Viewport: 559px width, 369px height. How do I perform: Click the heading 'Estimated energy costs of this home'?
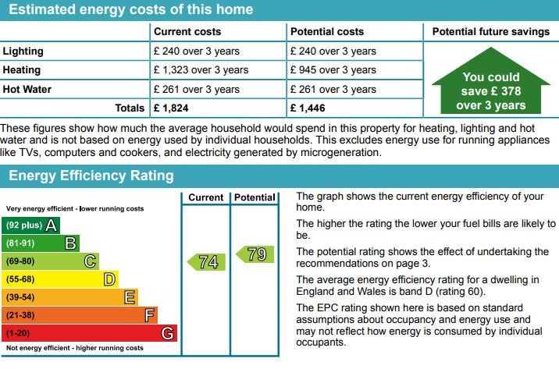130,10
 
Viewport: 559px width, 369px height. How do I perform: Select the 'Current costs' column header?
187,32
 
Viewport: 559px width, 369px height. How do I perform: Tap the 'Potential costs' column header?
326,32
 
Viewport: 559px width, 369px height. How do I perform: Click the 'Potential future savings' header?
490,32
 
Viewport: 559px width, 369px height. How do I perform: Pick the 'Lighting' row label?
23,51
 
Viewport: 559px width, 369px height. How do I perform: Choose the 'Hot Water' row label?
27,89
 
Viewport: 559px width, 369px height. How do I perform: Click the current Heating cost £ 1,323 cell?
201,70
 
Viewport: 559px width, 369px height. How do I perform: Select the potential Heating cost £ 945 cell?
333,70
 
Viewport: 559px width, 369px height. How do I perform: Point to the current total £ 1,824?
172,108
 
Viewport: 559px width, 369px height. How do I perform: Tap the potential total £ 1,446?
308,108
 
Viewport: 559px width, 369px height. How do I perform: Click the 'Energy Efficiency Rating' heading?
91,176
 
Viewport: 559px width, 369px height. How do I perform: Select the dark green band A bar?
31,225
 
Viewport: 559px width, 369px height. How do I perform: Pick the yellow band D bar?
61,279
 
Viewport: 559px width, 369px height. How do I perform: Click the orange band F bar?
80,315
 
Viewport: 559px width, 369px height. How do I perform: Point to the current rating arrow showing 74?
206,262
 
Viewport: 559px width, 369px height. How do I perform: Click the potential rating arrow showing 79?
255,254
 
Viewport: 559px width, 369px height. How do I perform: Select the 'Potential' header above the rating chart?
255,197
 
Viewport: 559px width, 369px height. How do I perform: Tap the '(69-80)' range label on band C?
21,261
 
